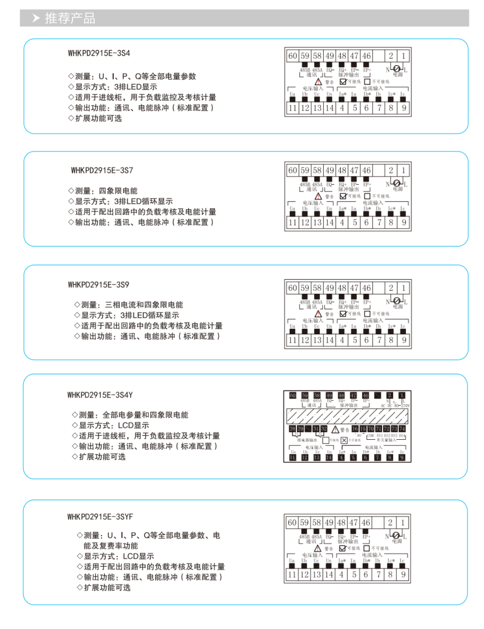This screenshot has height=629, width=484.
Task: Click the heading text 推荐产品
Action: tap(70, 18)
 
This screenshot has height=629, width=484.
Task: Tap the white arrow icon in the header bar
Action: tap(36, 18)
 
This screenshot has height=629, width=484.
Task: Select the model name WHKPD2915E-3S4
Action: tap(99, 53)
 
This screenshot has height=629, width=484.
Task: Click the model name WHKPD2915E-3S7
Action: tap(102, 171)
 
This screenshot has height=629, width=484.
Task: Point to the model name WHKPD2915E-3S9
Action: tap(99, 285)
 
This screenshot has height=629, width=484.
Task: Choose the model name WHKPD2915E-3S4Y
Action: tap(100, 395)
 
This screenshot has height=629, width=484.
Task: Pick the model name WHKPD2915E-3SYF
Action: tap(100, 517)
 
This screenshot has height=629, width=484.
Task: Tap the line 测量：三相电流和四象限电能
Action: tap(128, 305)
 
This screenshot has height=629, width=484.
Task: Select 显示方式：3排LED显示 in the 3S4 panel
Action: tap(112, 87)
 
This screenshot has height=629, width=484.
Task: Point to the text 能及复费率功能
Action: tap(110, 546)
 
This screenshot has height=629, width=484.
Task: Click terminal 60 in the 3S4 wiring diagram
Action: tap(292, 56)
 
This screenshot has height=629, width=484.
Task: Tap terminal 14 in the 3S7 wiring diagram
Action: tap(329, 223)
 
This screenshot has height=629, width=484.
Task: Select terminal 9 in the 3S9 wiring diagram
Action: tap(404, 340)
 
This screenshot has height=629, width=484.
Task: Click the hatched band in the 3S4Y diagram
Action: tap(347, 416)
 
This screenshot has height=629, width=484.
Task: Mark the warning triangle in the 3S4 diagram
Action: tap(318, 82)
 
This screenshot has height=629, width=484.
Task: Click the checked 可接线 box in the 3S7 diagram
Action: tap(343, 196)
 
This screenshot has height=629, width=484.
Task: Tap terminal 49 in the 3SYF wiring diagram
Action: tap(329, 523)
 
